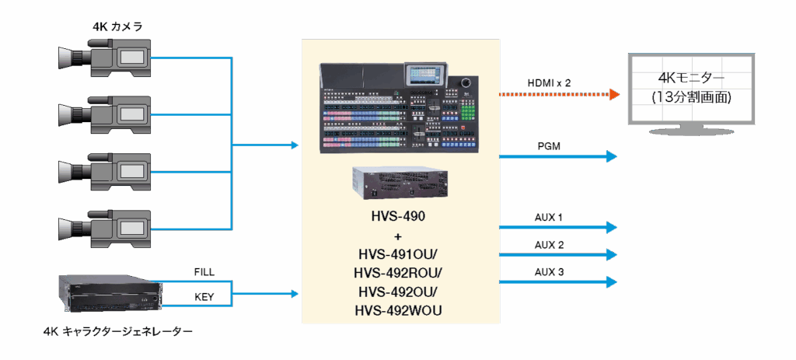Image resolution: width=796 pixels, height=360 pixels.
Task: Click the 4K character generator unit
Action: pos(109,295)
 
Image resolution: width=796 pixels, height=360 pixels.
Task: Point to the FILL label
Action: pos(204,271)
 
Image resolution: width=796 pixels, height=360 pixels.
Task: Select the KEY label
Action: pos(204,297)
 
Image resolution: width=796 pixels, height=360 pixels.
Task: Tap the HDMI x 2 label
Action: pos(549,82)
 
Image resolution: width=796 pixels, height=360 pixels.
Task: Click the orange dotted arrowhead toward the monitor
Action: pos(614,95)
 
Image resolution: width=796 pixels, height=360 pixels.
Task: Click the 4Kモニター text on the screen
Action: pos(691,80)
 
